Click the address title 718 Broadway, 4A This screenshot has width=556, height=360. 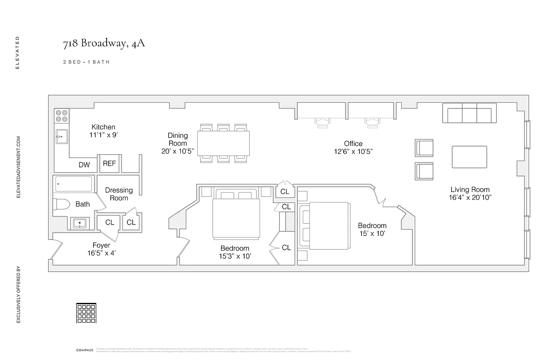104,44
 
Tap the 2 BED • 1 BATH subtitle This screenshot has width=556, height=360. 86,62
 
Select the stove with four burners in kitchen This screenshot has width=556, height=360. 61,116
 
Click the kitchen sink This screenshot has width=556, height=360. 62,136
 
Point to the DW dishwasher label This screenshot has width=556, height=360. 84,165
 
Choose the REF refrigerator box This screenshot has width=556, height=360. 109,164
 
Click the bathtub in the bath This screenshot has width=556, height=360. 73,184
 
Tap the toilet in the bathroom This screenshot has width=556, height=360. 61,204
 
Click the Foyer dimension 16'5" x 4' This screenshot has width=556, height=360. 101,253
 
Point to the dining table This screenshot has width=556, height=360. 224,143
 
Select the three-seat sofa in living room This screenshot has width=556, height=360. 469,113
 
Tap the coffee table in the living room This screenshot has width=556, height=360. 469,157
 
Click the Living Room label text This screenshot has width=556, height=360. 470,189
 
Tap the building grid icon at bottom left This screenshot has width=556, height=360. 86,313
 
